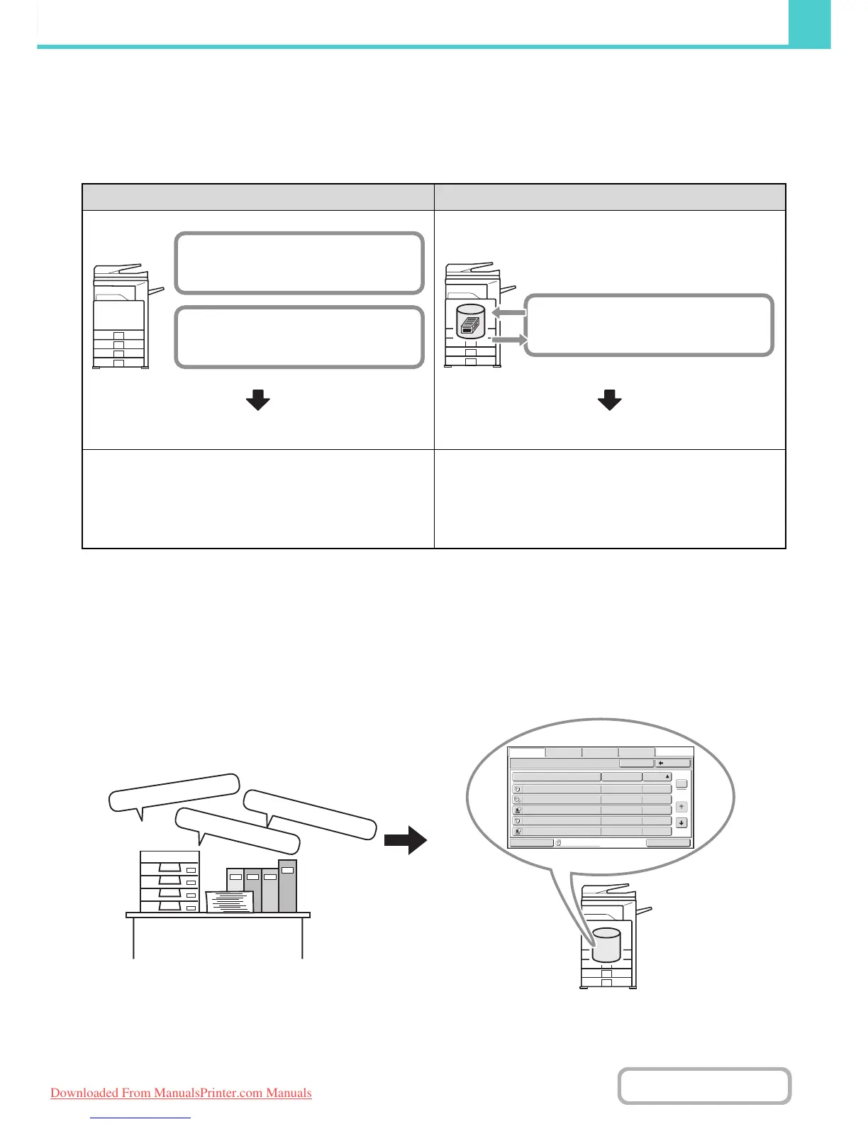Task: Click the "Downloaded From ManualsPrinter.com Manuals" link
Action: (181, 1093)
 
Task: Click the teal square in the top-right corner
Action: (810, 23)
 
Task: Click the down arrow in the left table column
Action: (258, 400)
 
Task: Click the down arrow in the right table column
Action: (610, 400)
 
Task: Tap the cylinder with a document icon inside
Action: (470, 322)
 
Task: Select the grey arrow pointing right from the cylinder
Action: (510, 341)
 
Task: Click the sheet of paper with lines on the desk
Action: (229, 901)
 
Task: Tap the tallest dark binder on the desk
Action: (287, 886)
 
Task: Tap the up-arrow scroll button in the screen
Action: (681, 807)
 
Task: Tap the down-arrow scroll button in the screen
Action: (681, 823)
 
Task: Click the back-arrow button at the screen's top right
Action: (673, 764)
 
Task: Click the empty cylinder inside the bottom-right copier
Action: (606, 945)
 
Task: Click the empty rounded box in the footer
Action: (704, 1086)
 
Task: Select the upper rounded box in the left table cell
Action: (299, 263)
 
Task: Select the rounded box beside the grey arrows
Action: (649, 325)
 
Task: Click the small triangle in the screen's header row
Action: (667, 777)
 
